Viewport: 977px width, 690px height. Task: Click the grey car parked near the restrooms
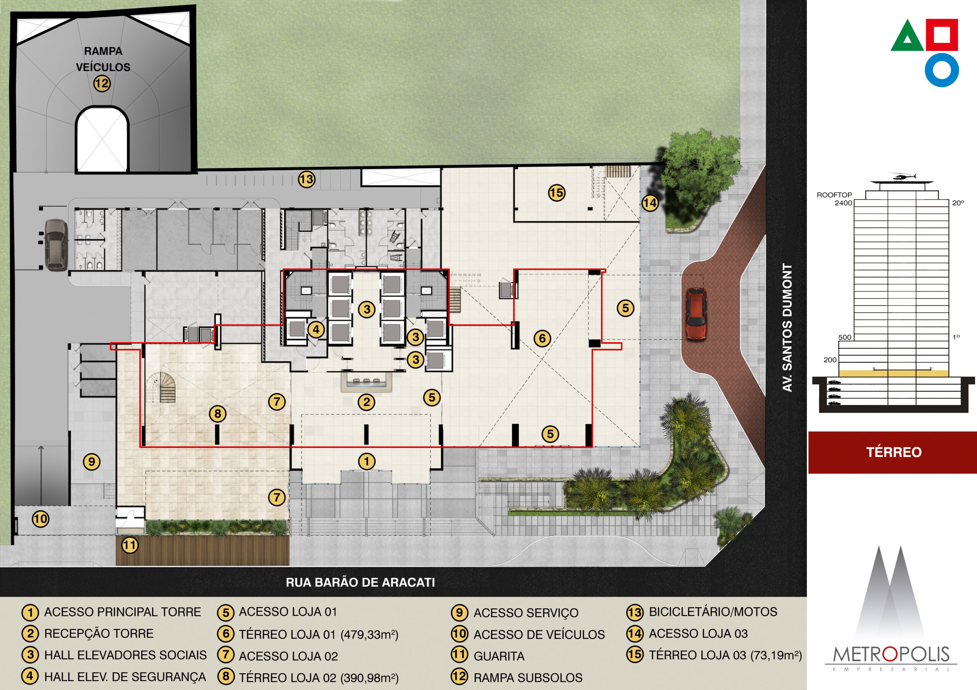(56, 245)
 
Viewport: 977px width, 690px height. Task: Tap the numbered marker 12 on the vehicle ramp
(102, 83)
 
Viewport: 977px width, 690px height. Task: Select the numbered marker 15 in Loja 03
(556, 193)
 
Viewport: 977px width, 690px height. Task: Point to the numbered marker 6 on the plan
(542, 338)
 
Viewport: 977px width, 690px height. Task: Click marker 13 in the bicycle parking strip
(306, 179)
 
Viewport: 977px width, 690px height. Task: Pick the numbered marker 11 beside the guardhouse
(130, 545)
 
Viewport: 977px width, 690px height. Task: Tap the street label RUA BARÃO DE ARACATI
(360, 582)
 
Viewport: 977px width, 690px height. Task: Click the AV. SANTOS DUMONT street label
(787, 328)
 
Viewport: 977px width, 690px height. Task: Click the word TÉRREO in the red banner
(893, 452)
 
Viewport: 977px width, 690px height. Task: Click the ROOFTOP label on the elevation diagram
(834, 195)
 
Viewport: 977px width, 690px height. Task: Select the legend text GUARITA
(499, 656)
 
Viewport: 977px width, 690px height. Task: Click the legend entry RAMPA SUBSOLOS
(528, 678)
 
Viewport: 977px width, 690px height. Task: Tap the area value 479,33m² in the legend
(369, 635)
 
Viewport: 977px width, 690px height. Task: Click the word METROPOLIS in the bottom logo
(891, 654)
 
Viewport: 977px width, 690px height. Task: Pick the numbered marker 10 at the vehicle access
(40, 519)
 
